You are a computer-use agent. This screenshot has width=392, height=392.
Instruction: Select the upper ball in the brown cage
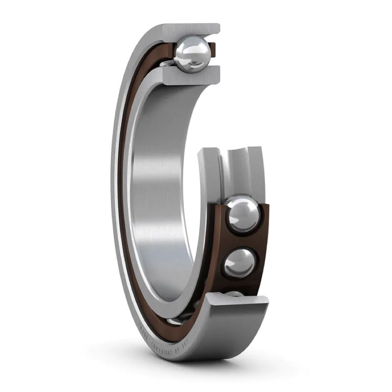(x=243, y=215)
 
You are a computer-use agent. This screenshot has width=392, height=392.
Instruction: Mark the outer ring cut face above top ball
(x=192, y=29)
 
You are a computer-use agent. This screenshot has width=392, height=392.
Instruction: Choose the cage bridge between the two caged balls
(x=241, y=240)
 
